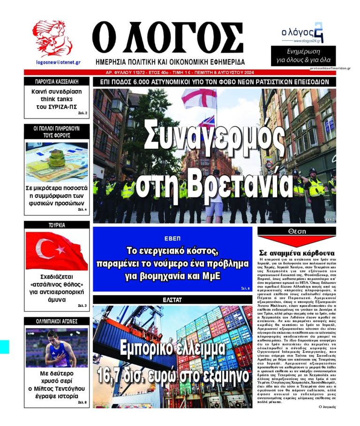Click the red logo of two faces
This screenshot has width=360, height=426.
coord(52,39)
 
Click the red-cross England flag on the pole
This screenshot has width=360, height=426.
coord(199,99)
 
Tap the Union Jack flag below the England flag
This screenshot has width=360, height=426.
coord(207,122)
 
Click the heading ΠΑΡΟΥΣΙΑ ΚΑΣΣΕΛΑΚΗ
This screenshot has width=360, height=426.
coord(57,82)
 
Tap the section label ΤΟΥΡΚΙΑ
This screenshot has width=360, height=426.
coord(57,225)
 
